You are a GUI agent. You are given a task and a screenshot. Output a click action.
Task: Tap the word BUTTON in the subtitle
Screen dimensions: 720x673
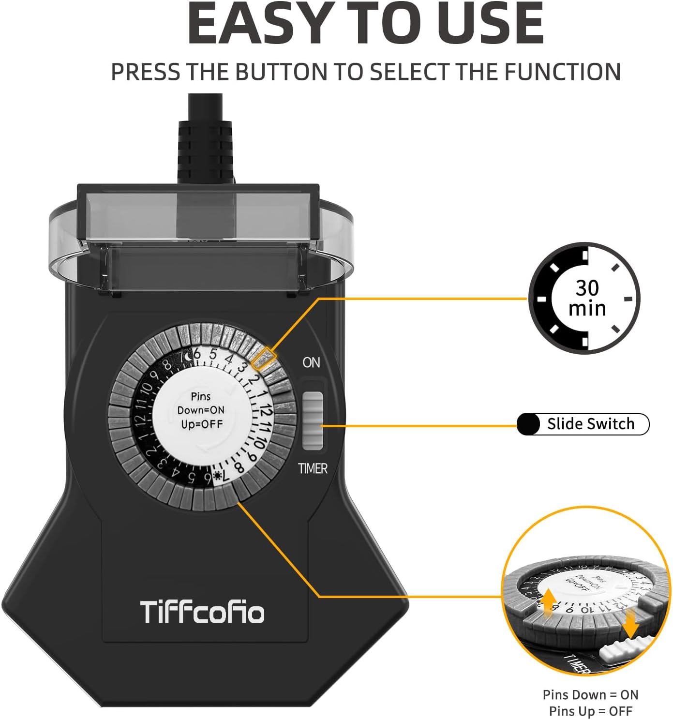[281, 72]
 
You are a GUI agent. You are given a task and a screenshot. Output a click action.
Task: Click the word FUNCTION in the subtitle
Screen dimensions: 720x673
[562, 72]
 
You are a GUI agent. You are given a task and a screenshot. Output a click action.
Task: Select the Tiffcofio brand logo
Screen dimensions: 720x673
[202, 612]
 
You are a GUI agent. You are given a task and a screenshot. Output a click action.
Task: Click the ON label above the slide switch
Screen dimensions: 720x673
[311, 362]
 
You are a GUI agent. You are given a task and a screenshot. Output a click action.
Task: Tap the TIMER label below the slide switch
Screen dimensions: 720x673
[313, 468]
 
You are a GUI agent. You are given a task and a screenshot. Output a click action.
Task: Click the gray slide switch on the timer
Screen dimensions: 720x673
[313, 419]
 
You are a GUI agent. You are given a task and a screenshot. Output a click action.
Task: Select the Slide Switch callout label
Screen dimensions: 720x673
[590, 424]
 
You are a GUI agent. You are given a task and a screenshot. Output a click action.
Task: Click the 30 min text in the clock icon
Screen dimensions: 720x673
[586, 298]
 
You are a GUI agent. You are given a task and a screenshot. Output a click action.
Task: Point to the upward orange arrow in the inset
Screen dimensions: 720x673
[548, 601]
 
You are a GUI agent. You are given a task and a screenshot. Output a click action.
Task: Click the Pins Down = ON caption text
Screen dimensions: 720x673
[590, 695]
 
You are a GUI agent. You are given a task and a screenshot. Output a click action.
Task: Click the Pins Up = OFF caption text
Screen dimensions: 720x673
[590, 711]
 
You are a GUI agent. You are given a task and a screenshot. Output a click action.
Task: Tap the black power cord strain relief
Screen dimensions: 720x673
[205, 150]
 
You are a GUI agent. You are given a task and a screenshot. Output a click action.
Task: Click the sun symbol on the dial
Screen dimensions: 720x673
[218, 475]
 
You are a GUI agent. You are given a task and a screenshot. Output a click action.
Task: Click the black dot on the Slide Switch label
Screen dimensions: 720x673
[528, 424]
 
